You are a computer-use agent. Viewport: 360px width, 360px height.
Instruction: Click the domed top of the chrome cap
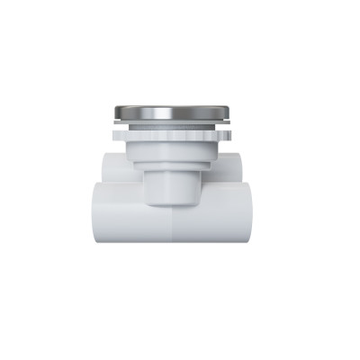170,112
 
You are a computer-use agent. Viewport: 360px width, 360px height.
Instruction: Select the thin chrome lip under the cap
170,121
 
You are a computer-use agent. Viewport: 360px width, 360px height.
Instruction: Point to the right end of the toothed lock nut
226,136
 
